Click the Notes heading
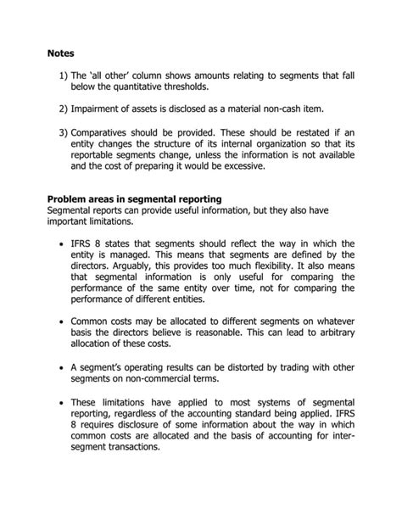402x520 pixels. [63, 53]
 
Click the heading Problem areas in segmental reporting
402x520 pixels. [134, 198]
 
